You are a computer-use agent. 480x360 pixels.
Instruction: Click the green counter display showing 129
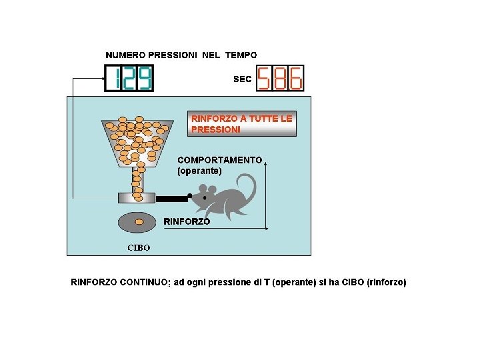coord(129,78)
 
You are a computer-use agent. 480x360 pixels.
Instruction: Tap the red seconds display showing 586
coord(280,78)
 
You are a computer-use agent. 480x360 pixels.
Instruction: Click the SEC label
coord(242,79)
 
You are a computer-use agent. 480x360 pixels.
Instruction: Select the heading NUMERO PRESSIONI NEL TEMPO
coord(181,55)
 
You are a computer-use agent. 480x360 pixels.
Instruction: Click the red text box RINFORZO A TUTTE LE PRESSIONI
coord(242,124)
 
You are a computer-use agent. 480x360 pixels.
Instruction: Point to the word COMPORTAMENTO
coord(219,160)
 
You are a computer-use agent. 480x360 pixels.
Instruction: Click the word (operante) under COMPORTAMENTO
coord(199,171)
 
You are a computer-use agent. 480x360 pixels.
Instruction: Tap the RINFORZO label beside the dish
coord(187,221)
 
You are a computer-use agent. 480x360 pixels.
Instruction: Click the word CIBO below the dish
coord(139,247)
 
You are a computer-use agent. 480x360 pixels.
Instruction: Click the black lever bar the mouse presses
coord(171,198)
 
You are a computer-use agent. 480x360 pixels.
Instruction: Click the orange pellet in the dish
coord(140,221)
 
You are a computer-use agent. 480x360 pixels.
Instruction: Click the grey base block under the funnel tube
coord(137,198)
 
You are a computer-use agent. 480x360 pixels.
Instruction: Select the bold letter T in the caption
coord(267,282)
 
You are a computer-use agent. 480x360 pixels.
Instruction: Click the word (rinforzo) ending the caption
coord(386,282)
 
